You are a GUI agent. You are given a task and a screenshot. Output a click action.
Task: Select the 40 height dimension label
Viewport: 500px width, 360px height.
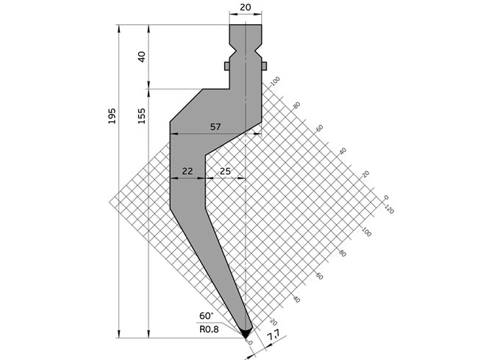point(142,57)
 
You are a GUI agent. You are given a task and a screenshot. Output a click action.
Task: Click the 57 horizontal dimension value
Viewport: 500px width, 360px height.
point(215,126)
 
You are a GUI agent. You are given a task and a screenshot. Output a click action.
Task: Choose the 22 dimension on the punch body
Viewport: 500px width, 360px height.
point(187,170)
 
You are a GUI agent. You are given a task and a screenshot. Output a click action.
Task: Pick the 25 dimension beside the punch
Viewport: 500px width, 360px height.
point(225,170)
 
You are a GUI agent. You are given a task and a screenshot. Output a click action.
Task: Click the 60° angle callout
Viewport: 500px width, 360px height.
point(206,316)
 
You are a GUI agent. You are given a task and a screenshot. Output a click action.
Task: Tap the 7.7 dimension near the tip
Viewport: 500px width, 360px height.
point(274,337)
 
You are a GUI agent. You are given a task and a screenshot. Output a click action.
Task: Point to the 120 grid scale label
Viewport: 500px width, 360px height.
point(389,209)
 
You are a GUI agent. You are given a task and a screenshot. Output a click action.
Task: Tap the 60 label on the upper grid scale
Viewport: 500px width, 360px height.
point(320,128)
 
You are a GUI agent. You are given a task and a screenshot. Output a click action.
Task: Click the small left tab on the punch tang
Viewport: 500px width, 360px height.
point(227,66)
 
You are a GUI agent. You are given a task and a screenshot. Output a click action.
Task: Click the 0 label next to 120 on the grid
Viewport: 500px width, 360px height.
point(385,197)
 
